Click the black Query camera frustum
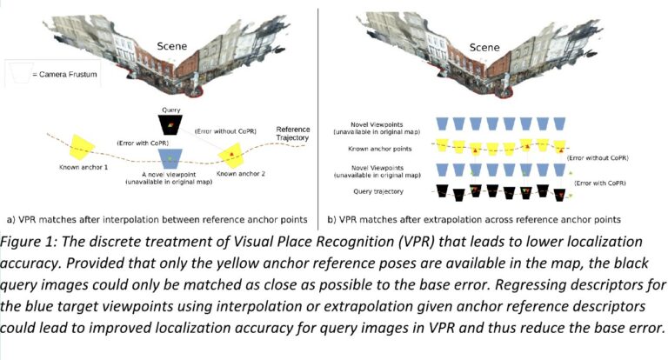tap(170, 125)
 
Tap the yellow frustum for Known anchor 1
tap(82, 148)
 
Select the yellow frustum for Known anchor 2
tap(230, 155)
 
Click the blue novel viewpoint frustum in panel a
tap(170, 158)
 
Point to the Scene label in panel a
tap(171, 46)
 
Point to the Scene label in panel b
tap(484, 47)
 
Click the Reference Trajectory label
tap(292, 133)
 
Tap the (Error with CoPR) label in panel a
tap(143, 143)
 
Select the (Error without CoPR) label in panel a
tap(225, 131)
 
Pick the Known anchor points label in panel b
tap(380, 149)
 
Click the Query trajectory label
tap(378, 191)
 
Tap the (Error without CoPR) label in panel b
tap(598, 157)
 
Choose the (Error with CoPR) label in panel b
tap(600, 183)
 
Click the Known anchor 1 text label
tap(83, 168)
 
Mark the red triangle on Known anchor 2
tap(231, 154)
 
